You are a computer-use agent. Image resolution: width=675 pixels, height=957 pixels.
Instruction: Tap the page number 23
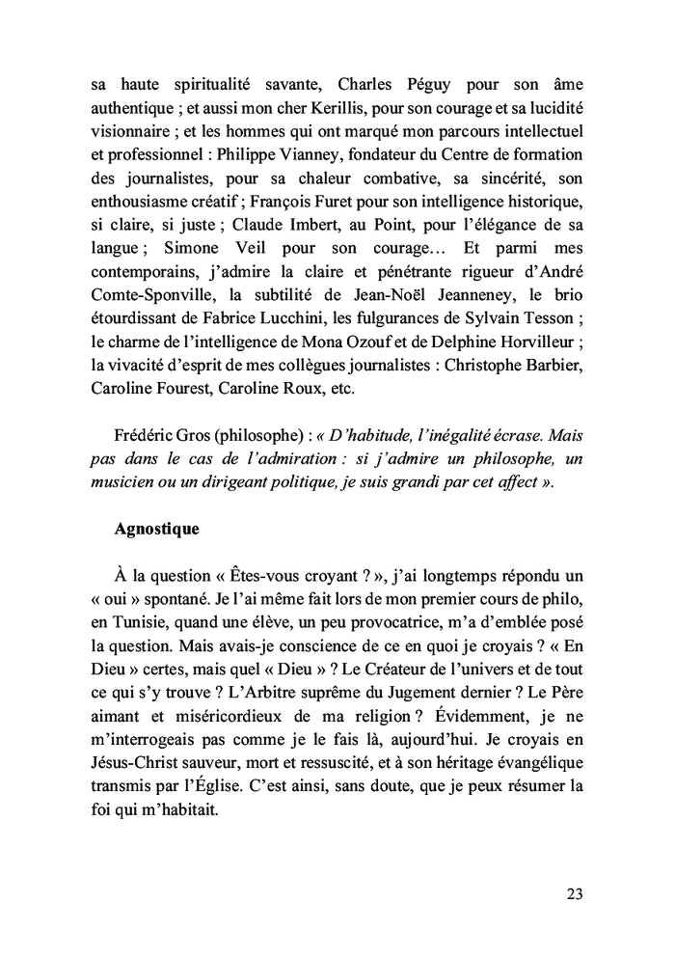(x=574, y=893)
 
